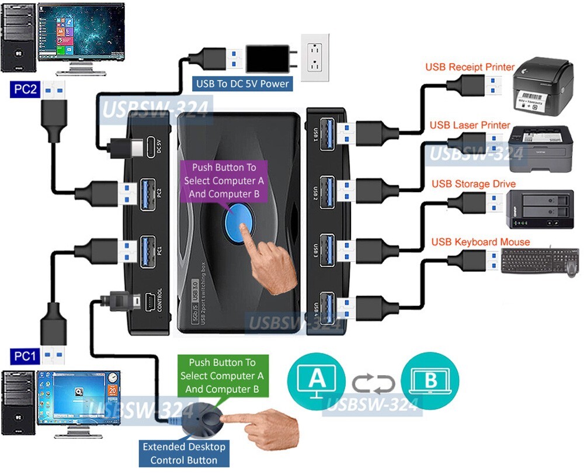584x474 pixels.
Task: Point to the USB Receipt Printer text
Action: [x=470, y=67]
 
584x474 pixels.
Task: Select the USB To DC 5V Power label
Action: [x=242, y=84]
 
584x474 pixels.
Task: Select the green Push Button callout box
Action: [x=222, y=376]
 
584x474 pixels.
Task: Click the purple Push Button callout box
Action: [x=224, y=180]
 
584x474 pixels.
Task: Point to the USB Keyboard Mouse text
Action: [x=481, y=242]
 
